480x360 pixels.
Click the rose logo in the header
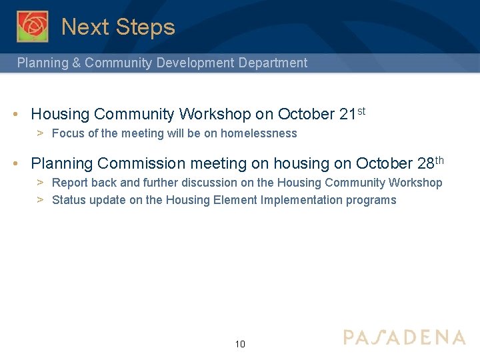(x=33, y=27)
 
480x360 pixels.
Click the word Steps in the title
(x=145, y=27)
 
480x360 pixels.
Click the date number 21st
(x=352, y=114)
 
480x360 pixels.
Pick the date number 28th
(x=430, y=163)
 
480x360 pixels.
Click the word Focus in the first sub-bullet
(x=67, y=133)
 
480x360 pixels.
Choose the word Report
(x=69, y=183)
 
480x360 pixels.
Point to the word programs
(x=371, y=200)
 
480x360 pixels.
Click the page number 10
(x=240, y=344)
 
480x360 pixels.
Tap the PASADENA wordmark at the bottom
(x=405, y=337)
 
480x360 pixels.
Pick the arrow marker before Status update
(x=40, y=200)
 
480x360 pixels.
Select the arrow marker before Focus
(x=40, y=133)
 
